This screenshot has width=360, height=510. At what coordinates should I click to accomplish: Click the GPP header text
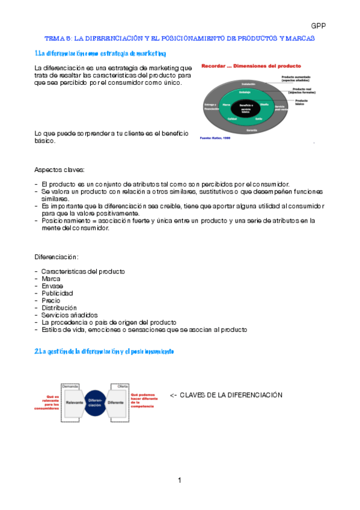pyautogui.click(x=318, y=25)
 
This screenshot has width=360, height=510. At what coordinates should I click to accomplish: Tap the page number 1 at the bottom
pyautogui.click(x=179, y=479)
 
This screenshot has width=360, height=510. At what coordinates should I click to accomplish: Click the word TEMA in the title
pyautogui.click(x=54, y=38)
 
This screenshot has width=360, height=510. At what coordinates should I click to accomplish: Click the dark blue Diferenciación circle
pyautogui.click(x=95, y=403)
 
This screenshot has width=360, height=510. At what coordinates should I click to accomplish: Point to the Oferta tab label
pyautogui.click(x=123, y=385)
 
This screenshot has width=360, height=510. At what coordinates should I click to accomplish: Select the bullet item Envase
pyautogui.click(x=52, y=286)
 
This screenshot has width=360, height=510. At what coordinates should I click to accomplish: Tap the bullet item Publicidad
pyautogui.click(x=57, y=293)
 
